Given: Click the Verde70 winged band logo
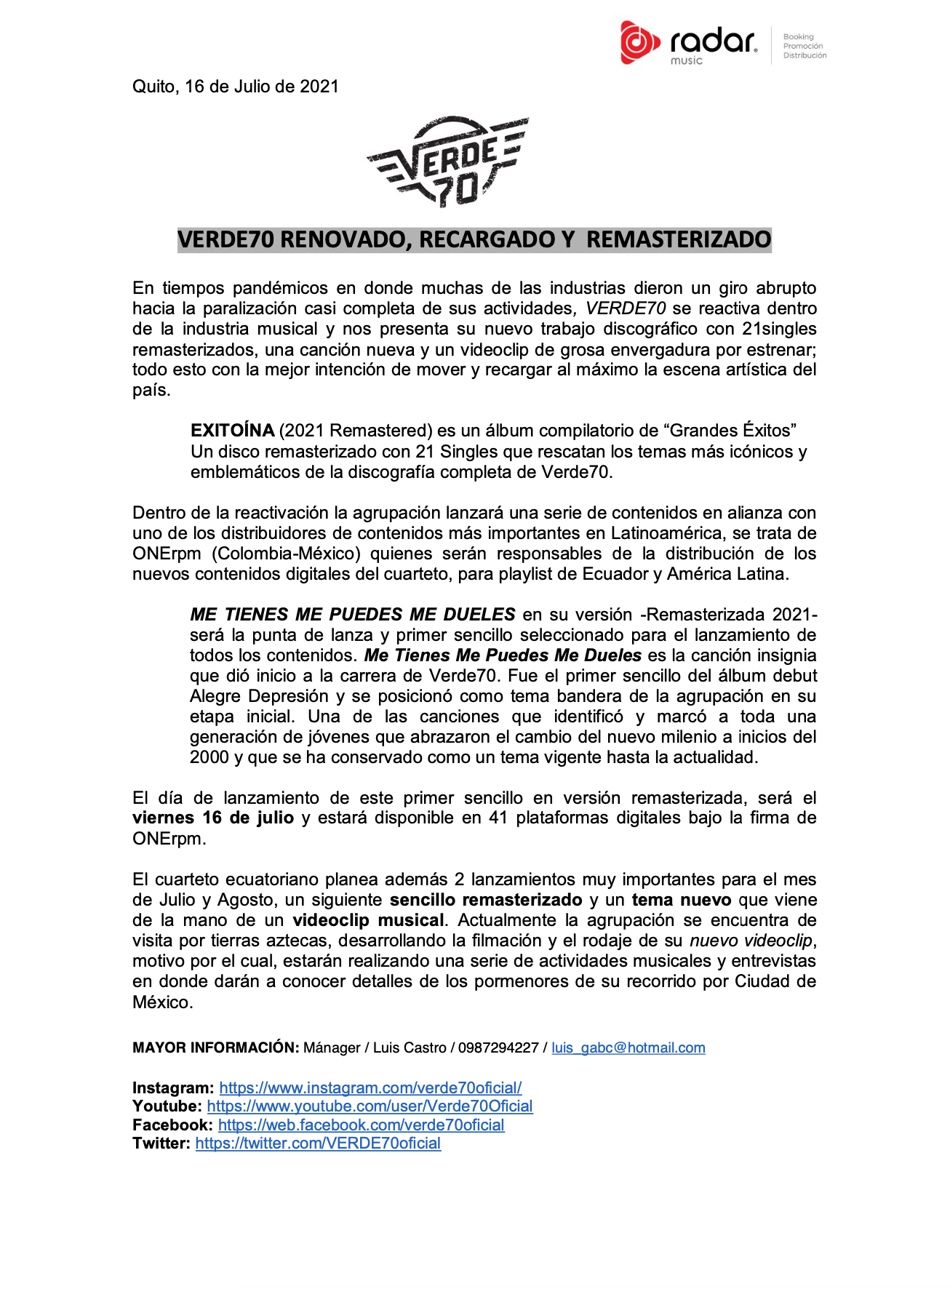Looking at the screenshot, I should (x=448, y=161).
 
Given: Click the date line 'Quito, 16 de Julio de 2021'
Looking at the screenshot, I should (x=236, y=87).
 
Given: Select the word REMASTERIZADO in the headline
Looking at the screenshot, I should (x=678, y=239).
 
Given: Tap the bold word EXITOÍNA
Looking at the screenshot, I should (x=232, y=431).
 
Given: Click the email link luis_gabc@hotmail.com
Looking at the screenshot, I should (x=628, y=1047).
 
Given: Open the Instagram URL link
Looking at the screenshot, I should (x=370, y=1088).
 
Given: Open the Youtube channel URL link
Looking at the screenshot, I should (x=370, y=1106).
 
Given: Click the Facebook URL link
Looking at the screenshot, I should (x=361, y=1125).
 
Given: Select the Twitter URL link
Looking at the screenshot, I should (x=318, y=1144).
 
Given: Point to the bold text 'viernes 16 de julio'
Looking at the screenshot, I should (x=213, y=818).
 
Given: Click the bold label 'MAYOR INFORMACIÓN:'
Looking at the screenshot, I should (x=215, y=1047).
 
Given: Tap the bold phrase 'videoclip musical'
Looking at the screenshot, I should (x=369, y=920).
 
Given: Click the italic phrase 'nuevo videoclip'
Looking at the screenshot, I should (x=751, y=941).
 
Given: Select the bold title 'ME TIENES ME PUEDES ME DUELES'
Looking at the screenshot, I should (x=353, y=615).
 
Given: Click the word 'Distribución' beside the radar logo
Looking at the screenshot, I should (x=805, y=55).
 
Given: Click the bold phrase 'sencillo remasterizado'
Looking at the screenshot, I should (x=486, y=900).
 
